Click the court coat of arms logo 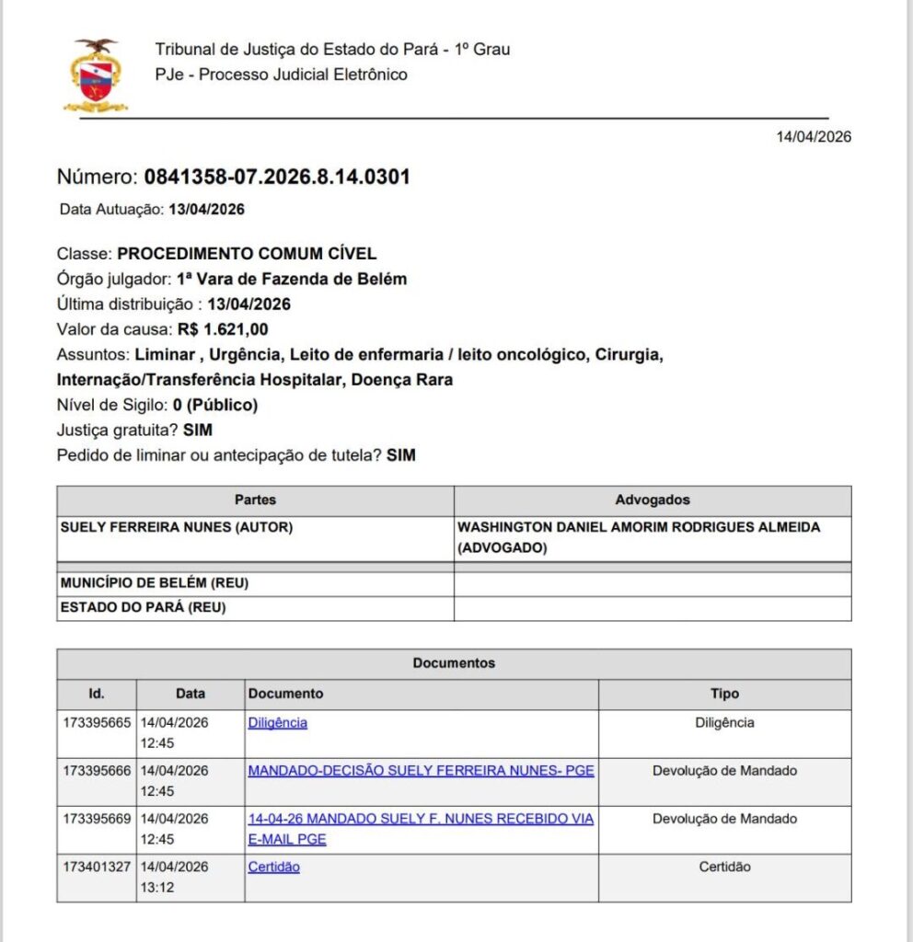(96, 76)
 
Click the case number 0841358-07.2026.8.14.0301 (272, 178)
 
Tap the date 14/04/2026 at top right (814, 137)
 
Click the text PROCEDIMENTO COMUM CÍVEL (247, 254)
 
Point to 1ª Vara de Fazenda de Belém (292, 279)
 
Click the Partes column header (255, 500)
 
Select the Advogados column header (652, 500)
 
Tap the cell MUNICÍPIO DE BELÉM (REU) (155, 583)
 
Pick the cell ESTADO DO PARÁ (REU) (143, 607)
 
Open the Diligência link (277, 723)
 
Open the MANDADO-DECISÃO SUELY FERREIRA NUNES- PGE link (421, 771)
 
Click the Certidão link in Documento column (273, 867)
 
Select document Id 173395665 (97, 723)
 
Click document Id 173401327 (97, 867)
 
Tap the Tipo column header (724, 694)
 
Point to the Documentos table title (454, 663)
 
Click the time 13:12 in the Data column (157, 888)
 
